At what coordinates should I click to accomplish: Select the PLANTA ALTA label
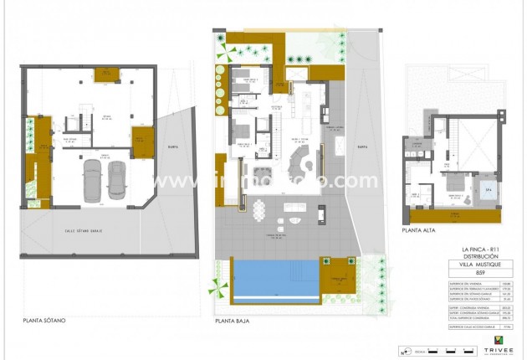[x=421, y=229]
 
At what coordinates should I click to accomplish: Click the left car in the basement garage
[x=91, y=178]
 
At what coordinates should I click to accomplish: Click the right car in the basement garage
[x=115, y=178]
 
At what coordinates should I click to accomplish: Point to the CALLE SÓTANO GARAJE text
[x=83, y=230]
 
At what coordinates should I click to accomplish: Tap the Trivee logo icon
[x=499, y=339]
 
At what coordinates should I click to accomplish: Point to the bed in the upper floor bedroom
[x=456, y=185]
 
